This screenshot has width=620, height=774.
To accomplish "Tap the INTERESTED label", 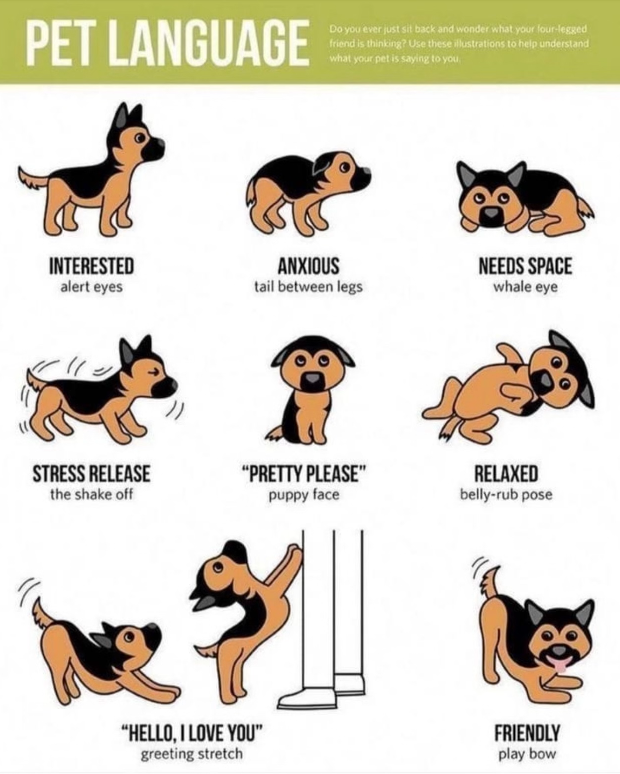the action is coord(92,266).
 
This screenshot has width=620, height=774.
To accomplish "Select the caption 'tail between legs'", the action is coord(308,287).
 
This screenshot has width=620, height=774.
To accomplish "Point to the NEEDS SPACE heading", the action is coord(525,266).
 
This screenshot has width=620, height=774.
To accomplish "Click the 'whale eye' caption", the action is coord(525,287).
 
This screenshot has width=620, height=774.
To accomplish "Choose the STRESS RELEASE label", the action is coord(92,474).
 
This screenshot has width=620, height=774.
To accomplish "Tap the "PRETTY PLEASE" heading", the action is coord(304,474).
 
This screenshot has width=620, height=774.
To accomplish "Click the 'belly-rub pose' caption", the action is coord(506,495).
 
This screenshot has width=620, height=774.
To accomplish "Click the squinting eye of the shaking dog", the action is coord(155,371).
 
